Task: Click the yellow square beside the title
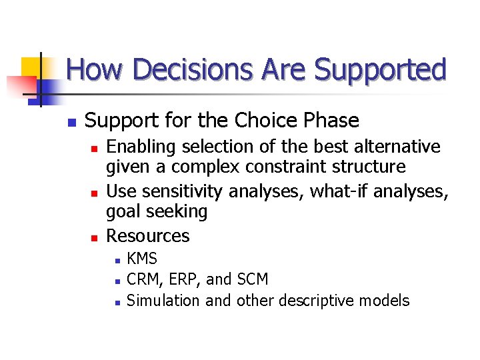click(x=32, y=67)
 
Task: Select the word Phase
click(x=331, y=121)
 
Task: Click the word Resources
click(x=148, y=236)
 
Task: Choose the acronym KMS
click(x=142, y=259)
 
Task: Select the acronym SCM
click(x=253, y=279)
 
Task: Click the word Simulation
click(x=163, y=301)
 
